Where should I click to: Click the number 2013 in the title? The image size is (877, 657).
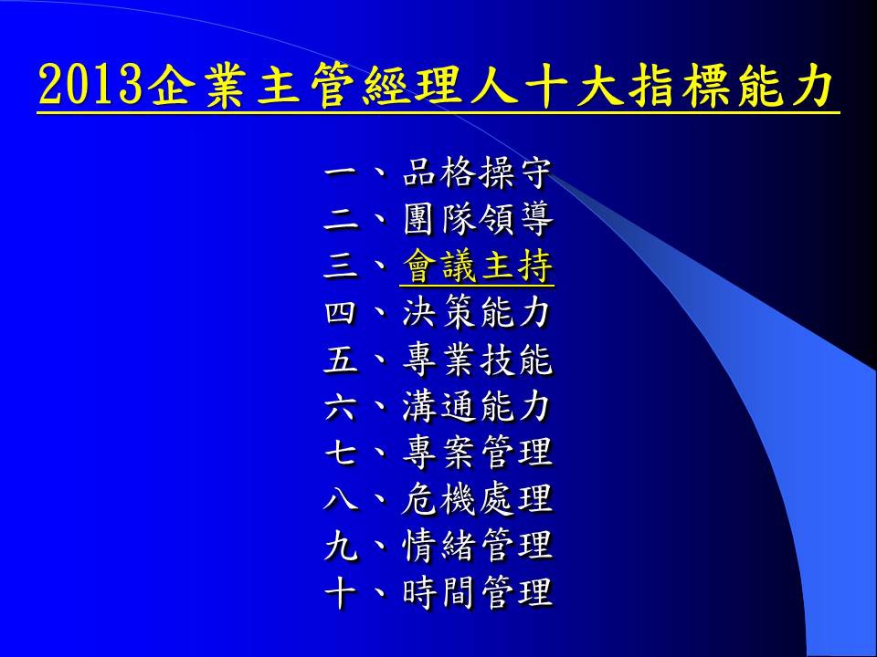click(x=90, y=85)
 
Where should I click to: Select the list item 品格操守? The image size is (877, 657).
click(x=477, y=172)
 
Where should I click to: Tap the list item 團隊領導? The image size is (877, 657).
click(x=478, y=220)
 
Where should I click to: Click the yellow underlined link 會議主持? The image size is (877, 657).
click(x=477, y=266)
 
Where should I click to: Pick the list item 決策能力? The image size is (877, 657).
click(x=476, y=312)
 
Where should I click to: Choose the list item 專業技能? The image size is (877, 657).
click(x=478, y=360)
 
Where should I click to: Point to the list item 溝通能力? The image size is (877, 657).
click(x=476, y=405)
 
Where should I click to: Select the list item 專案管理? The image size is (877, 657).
click(x=478, y=452)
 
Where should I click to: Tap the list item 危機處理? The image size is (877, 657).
click(x=477, y=498)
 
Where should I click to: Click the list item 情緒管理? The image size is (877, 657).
click(x=478, y=545)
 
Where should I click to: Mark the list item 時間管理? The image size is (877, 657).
click(x=478, y=591)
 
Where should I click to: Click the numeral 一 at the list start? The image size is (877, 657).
click(x=341, y=172)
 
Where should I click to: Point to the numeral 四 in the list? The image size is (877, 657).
click(x=341, y=312)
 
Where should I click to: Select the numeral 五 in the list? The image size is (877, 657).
click(x=341, y=360)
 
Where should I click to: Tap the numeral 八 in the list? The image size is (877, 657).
click(x=341, y=498)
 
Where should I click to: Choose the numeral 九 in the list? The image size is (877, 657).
click(x=341, y=545)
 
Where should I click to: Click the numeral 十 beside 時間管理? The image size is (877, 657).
click(x=341, y=591)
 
